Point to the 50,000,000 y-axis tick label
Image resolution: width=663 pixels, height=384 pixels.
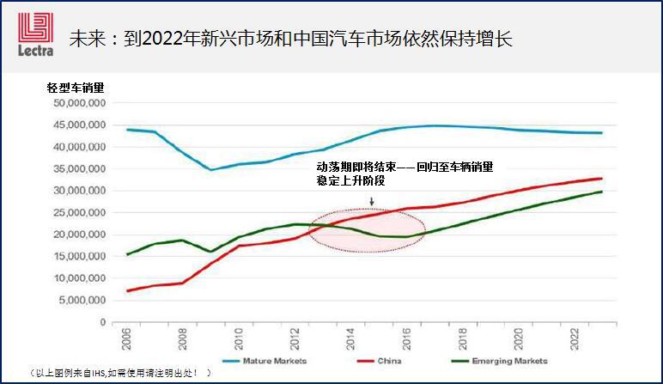point(79,102)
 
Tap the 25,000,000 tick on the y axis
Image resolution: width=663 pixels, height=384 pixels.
point(79,212)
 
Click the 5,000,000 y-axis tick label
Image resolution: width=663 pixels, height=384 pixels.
point(82,301)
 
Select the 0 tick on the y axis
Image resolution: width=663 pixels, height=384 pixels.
point(101,322)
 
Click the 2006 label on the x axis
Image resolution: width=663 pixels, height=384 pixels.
point(127,338)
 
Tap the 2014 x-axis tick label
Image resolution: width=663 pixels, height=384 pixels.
point(351,338)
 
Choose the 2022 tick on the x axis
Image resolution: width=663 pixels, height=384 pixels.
point(575,338)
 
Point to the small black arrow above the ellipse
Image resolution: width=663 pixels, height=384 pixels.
point(372,202)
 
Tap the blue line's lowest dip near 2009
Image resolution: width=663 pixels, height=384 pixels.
point(211,169)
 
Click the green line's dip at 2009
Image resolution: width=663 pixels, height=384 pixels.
point(211,251)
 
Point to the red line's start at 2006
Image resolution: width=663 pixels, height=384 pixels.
point(127,290)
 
